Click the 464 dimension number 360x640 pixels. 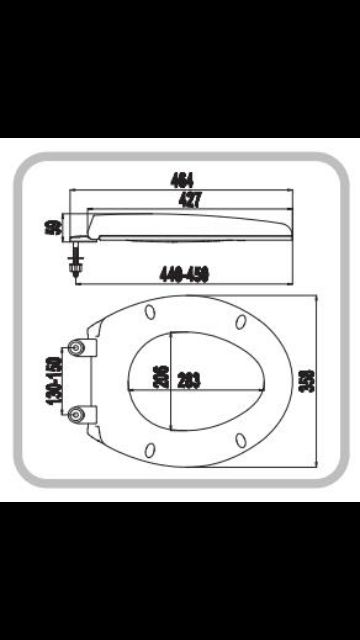pyautogui.click(x=181, y=182)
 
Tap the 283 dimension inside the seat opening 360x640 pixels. pyautogui.click(x=188, y=378)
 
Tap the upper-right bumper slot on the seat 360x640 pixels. pyautogui.click(x=241, y=320)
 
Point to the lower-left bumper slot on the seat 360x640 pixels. pyautogui.click(x=150, y=446)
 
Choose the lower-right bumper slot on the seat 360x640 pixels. pyautogui.click(x=241, y=438)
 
